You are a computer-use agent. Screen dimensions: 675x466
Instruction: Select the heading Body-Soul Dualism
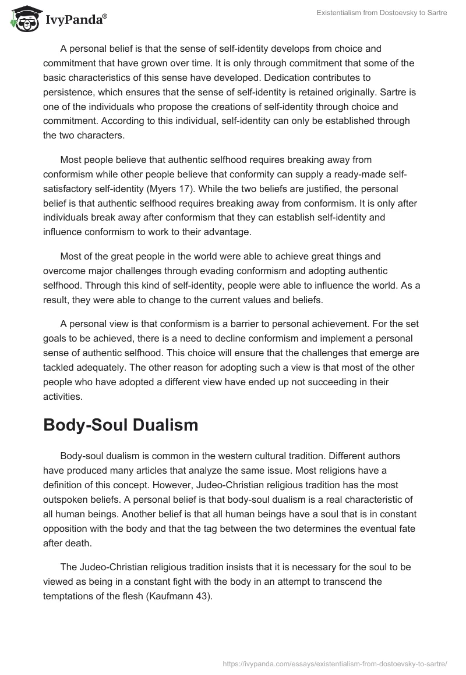click(x=121, y=425)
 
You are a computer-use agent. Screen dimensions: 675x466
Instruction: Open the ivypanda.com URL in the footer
click(x=334, y=663)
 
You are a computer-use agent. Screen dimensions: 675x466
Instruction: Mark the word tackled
click(x=61, y=368)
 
